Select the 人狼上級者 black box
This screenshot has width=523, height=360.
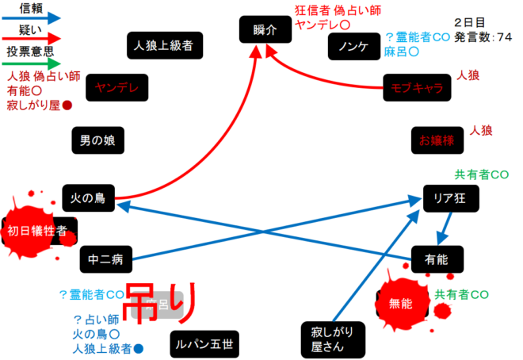[163, 44]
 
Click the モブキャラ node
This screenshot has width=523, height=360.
[411, 87]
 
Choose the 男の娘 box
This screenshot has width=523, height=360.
[98, 140]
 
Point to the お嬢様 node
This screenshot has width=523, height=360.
[436, 140]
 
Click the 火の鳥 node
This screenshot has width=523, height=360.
[89, 197]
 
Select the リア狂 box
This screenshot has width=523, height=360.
[449, 200]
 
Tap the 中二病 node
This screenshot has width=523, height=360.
[105, 258]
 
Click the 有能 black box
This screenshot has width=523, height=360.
[436, 259]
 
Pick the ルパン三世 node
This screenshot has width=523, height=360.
[204, 344]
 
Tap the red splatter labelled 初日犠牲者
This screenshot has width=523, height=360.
[40, 231]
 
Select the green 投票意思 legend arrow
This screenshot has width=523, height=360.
[32, 61]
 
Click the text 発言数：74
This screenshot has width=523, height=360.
[483, 37]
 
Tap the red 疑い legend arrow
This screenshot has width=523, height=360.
[32, 37]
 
